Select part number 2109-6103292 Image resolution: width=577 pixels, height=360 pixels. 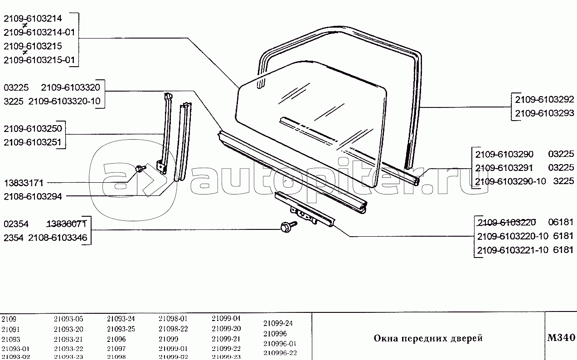pyautogui.click(x=544, y=99)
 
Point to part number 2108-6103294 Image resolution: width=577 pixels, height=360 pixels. pyautogui.click(x=33, y=196)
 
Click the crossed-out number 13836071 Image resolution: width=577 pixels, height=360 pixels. pyautogui.click(x=68, y=224)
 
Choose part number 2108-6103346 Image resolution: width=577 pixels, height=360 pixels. pyautogui.click(x=58, y=238)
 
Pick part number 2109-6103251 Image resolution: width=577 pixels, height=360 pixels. pyautogui.click(x=33, y=143)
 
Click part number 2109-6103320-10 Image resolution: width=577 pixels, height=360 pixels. pyautogui.click(x=64, y=101)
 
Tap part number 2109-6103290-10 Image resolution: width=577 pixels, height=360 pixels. pyautogui.click(x=511, y=182)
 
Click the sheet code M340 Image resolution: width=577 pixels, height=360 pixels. pyautogui.click(x=561, y=338)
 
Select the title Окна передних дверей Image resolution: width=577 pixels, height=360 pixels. pyautogui.click(x=428, y=338)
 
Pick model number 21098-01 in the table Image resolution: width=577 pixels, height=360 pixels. pyautogui.click(x=173, y=319)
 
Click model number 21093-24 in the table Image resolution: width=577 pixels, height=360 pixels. pyautogui.click(x=121, y=319)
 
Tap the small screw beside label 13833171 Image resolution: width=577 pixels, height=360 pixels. pyautogui.click(x=140, y=169)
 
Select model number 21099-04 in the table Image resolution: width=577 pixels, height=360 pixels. pyautogui.click(x=226, y=319)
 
